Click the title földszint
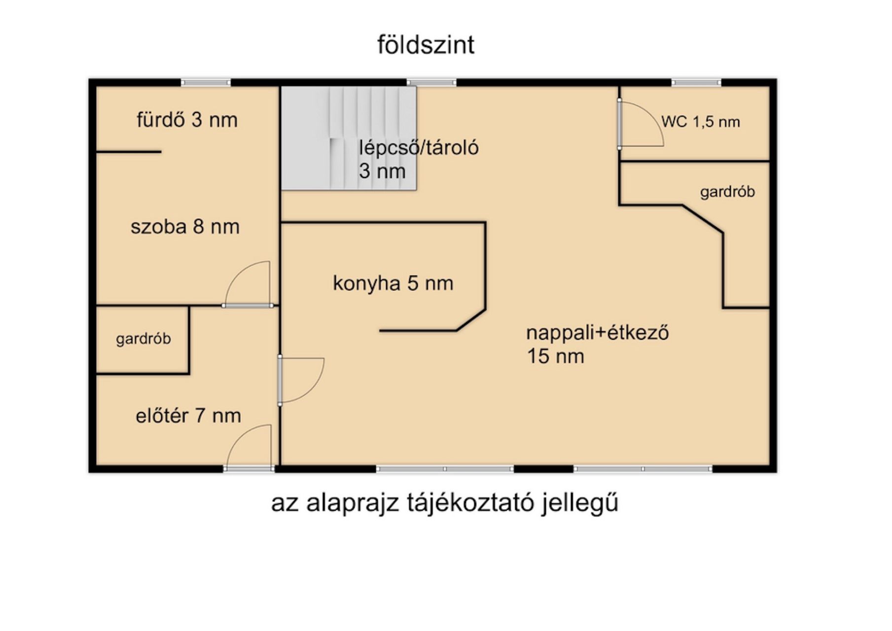(426, 45)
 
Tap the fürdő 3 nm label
(187, 120)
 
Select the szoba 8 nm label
(185, 227)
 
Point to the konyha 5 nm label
(393, 283)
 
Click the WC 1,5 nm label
(700, 122)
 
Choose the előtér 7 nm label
(188, 416)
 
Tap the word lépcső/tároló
(419, 148)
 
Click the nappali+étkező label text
(597, 333)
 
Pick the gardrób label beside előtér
(143, 339)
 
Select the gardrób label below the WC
(727, 192)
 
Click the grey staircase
(349, 138)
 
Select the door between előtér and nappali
(280, 380)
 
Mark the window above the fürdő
(206, 82)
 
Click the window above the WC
(696, 82)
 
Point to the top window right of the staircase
(431, 82)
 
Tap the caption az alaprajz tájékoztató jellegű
(444, 503)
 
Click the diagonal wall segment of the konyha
(471, 320)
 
